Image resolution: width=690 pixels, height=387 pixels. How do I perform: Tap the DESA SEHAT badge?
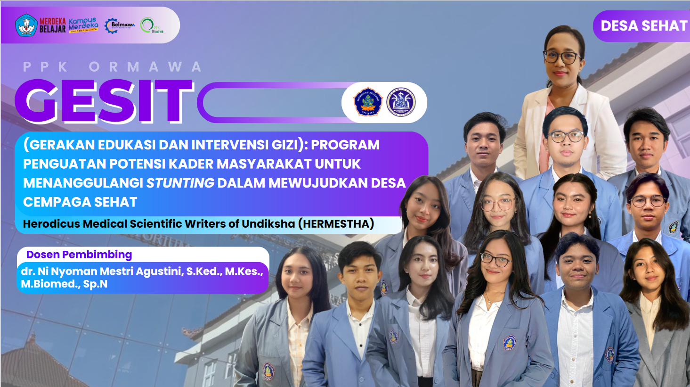point(643,26)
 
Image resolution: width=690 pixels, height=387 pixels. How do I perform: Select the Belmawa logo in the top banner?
point(120,25)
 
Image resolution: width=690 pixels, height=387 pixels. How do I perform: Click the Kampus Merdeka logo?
point(83,25)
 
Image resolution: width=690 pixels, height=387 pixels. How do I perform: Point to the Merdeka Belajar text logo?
point(52,25)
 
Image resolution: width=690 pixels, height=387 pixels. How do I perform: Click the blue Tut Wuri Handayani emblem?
point(26,25)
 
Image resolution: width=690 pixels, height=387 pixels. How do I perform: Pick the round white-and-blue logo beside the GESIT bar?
point(401,102)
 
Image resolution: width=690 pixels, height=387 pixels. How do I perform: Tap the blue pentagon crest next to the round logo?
point(367,102)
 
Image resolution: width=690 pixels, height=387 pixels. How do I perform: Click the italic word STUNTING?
point(180,183)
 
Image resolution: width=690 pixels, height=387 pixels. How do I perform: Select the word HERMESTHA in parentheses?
point(336,223)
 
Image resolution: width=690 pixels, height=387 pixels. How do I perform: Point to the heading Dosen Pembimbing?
point(79,255)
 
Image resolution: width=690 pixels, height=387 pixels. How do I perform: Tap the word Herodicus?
point(51,223)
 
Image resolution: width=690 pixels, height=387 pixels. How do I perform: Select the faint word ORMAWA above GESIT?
point(146,67)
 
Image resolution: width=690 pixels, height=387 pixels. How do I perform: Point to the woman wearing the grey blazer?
point(657,302)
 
